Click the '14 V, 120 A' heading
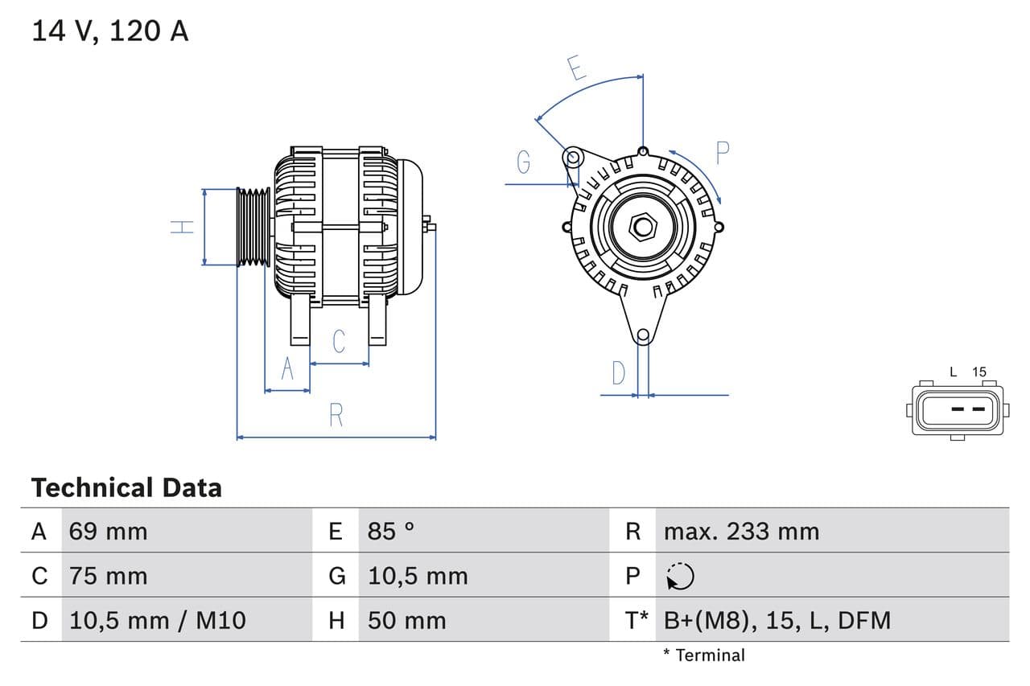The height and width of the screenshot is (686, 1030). pos(110,31)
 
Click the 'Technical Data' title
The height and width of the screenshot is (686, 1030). pos(126,487)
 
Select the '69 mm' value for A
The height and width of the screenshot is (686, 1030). pos(109,532)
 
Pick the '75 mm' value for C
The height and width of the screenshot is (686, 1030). pos(109,576)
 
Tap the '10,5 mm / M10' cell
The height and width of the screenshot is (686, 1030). pos(158,620)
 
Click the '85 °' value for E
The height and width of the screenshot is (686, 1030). pos(391,532)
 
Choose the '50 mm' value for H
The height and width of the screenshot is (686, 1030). pos(406,620)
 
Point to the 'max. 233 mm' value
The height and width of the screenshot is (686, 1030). pos(741,532)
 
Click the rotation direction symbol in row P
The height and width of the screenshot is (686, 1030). pos(680,576)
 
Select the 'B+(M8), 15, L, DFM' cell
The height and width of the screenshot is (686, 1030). pos(777,620)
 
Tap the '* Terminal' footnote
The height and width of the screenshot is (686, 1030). pos(703,655)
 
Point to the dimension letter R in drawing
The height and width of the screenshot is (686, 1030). pos(336,416)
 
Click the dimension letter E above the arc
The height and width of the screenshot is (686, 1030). pos(576,68)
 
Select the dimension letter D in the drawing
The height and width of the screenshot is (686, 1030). pos(618,373)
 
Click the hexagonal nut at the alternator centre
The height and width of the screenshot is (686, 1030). pos(643,226)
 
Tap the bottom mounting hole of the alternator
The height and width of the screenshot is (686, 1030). pos(643,335)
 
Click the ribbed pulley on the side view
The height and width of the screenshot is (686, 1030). pos(253,227)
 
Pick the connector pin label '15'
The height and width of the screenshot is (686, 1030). pos(978,372)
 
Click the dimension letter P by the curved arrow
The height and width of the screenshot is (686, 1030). pos(722,153)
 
